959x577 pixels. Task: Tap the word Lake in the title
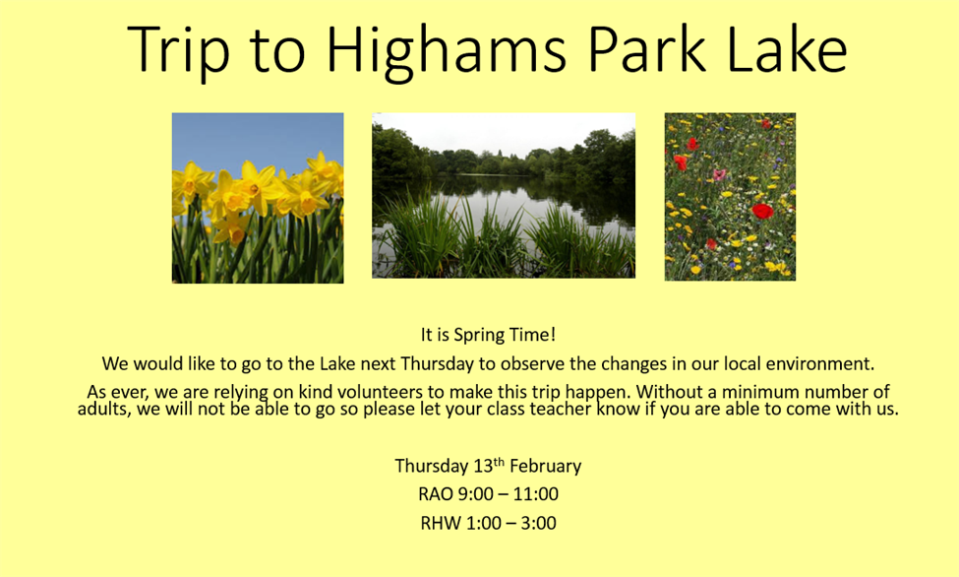787,49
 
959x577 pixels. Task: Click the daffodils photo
258,198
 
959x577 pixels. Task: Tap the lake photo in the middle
504,195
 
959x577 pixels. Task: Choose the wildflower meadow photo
730,197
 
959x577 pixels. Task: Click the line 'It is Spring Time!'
488,335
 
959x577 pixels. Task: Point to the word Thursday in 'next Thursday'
438,364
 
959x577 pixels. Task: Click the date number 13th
489,466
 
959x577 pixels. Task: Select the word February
546,466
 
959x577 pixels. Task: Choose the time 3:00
538,523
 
